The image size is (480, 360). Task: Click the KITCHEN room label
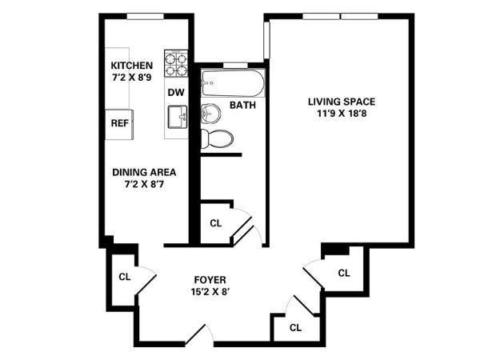tap(132, 66)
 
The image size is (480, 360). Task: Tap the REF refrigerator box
tap(119, 125)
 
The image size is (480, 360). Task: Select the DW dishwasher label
tap(176, 92)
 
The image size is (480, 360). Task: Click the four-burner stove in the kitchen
tap(176, 63)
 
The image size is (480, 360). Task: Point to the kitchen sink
tap(178, 117)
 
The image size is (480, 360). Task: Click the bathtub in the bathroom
tap(233, 83)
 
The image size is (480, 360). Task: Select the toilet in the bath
tap(217, 139)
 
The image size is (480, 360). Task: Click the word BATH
tap(242, 106)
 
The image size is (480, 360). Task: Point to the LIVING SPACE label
tap(342, 102)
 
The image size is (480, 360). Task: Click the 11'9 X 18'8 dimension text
tap(342, 114)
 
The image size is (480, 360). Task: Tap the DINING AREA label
tap(144, 172)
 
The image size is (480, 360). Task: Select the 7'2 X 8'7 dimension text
tap(144, 184)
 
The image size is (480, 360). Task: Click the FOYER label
tap(210, 280)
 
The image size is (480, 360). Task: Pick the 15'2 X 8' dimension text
tap(210, 292)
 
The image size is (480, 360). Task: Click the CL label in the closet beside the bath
tap(215, 223)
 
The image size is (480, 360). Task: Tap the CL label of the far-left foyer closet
tap(125, 277)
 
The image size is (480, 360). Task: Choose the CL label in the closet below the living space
tap(344, 273)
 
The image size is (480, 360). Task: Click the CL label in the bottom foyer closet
tap(295, 328)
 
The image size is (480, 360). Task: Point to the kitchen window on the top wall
tap(146, 16)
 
